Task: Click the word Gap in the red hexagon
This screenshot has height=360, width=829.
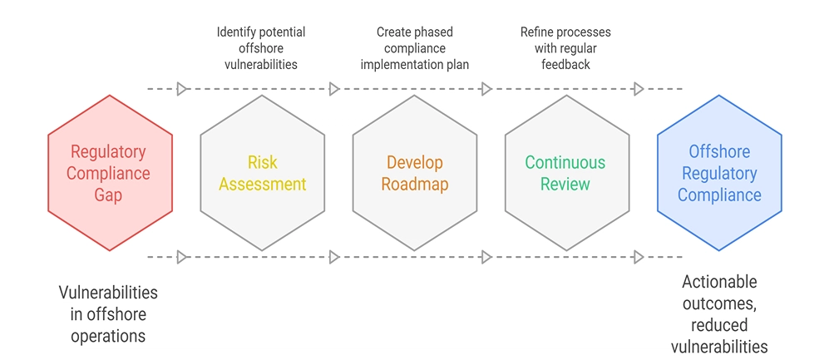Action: coord(108,195)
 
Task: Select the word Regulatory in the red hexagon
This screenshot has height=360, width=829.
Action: coord(108,152)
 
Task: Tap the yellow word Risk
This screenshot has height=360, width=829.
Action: coord(262,162)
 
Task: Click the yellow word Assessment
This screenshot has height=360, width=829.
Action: coord(262,184)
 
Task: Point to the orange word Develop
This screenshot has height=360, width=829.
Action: coord(414,162)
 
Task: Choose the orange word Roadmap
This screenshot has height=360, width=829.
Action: coord(414,184)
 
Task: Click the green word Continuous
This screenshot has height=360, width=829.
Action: coord(565,162)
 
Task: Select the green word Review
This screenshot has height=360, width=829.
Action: coord(565,184)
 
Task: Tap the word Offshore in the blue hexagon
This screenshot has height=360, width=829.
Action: coord(719,152)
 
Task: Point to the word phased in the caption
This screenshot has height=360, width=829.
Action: coord(435,32)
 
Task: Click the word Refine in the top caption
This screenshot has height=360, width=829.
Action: coord(538,32)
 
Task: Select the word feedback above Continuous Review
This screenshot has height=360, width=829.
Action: coord(565,64)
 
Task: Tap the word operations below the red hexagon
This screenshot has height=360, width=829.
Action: coord(108,336)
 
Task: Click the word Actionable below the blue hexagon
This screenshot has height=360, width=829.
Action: coord(719,282)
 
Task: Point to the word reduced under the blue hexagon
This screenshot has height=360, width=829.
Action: coord(719,324)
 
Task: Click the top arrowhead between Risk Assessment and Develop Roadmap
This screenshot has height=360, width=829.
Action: coord(334,88)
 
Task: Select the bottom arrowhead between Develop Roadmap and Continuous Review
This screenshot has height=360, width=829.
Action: coord(486,257)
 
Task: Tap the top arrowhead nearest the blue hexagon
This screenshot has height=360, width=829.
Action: coord(639,88)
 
